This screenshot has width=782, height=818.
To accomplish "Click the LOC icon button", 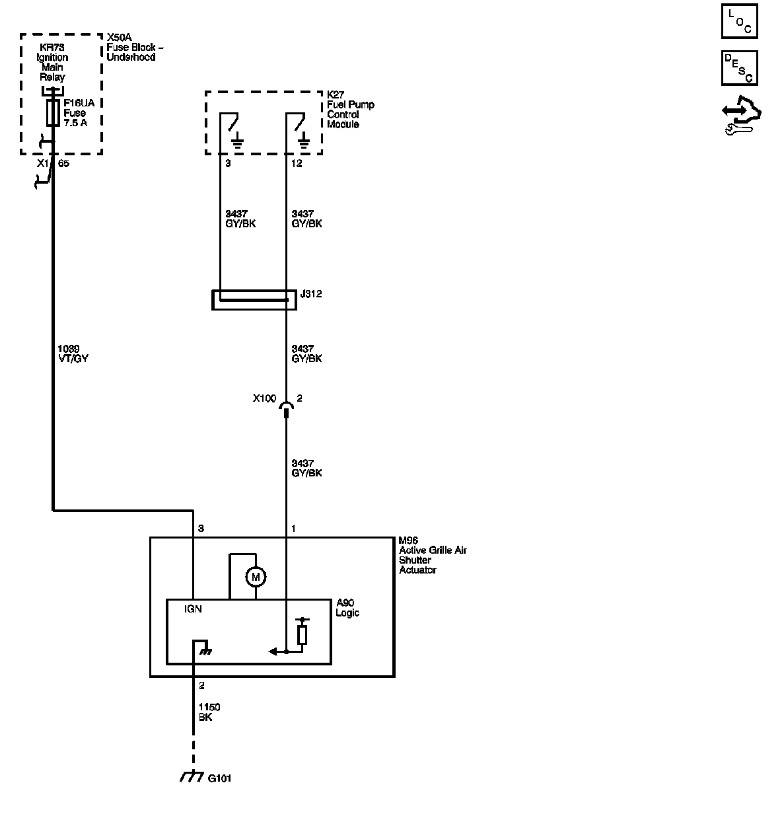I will [x=739, y=22].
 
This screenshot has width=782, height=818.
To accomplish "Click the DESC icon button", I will [x=739, y=68].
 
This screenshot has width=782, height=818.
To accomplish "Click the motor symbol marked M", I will [x=255, y=577].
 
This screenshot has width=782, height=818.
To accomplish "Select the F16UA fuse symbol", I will [x=53, y=112].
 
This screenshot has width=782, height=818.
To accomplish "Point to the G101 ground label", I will [x=219, y=778].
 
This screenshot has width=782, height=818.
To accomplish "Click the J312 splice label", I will [x=311, y=294].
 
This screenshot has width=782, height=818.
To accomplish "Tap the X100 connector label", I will [x=264, y=398].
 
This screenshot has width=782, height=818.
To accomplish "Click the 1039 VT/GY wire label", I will [x=73, y=353].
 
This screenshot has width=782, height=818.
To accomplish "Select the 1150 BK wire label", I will [x=209, y=712].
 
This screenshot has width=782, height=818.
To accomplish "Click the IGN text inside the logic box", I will [x=193, y=609].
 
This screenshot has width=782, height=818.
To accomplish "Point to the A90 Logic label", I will [x=347, y=608].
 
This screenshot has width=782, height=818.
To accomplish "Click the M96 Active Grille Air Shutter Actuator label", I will [x=433, y=555].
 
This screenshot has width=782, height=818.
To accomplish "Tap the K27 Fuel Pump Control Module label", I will [x=351, y=110].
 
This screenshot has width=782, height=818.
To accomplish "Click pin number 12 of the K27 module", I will [x=297, y=163].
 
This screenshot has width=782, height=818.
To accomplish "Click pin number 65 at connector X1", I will [x=63, y=163].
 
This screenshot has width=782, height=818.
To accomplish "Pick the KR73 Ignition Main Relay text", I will [x=52, y=63].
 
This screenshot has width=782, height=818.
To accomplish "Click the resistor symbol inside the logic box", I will [x=302, y=634].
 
